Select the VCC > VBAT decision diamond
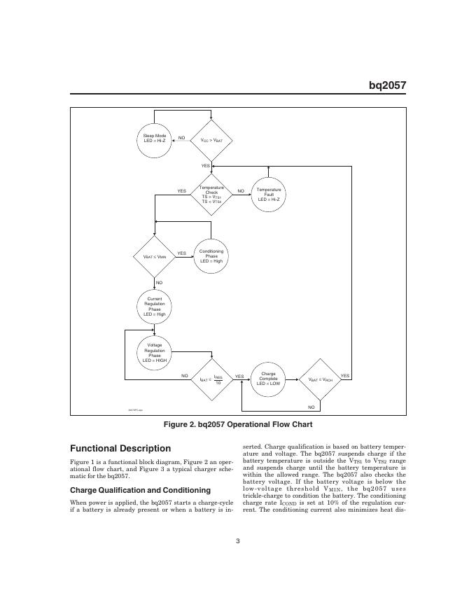coord(211,140)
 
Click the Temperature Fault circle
coord(269,193)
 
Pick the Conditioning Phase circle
coord(211,256)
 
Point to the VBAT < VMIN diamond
coord(155,257)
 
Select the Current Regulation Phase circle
coord(155,307)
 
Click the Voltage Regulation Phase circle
coord(155,353)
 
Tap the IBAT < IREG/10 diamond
coord(211,379)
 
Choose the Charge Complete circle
coord(269,379)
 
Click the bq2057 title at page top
coord(387,86)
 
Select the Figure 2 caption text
coord(237,424)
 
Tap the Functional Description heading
coord(120,448)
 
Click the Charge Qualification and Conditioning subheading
coord(140,489)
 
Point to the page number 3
coord(238,539)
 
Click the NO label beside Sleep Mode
coord(181,138)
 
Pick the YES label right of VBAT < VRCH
coord(344,376)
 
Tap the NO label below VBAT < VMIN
coord(159,282)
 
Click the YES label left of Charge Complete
coord(239,376)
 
